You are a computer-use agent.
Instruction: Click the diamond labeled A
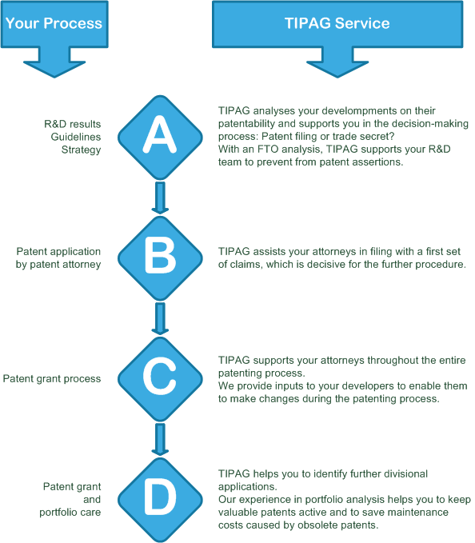coord(160,137)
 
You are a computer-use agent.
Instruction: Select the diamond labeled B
coord(160,258)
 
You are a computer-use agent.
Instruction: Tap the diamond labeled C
coord(160,379)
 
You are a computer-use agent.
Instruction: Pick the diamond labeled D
coord(160,500)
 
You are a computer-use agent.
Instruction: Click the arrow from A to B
coord(160,198)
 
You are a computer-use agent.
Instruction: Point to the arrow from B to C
coord(160,318)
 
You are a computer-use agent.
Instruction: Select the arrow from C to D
coord(160,440)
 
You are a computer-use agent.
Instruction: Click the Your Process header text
coord(54,23)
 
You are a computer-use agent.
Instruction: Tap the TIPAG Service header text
coord(337,23)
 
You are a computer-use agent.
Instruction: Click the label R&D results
coord(72,124)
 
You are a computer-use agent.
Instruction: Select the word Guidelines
coord(76,137)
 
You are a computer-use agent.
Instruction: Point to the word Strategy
coord(81,150)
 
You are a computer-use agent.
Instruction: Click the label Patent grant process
coord(52,378)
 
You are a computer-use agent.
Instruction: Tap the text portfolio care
coord(70,512)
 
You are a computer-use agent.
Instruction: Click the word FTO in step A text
coord(268,150)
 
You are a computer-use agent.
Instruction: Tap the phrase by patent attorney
coord(58,265)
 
